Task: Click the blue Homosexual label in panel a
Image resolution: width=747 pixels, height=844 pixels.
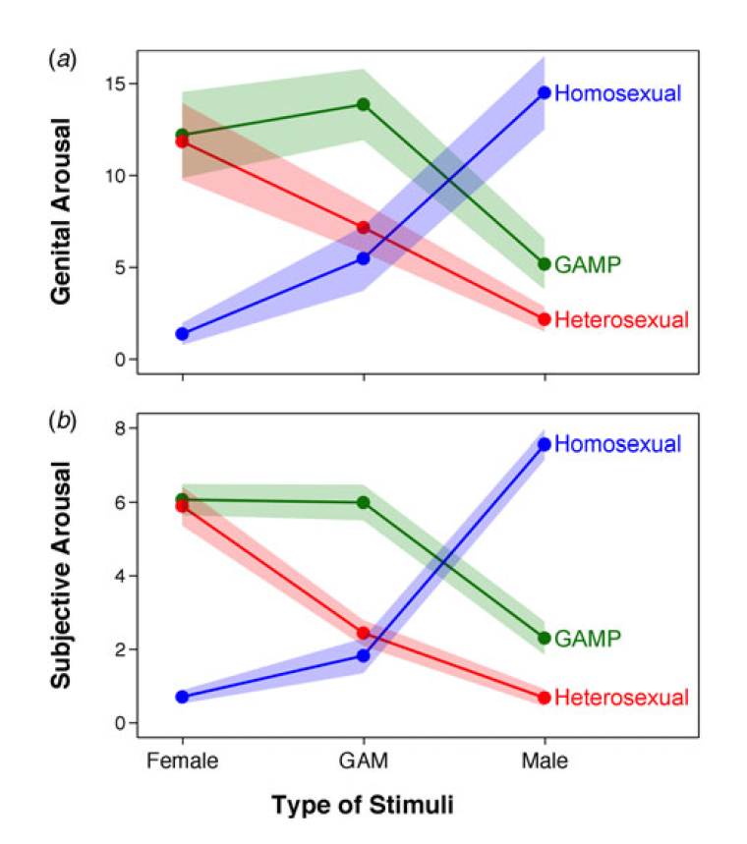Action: (x=618, y=93)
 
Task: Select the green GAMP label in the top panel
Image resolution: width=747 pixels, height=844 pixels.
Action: (x=588, y=264)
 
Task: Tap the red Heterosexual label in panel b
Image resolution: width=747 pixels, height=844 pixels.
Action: (x=621, y=698)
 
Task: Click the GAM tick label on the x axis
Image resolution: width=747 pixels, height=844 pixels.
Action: (x=363, y=760)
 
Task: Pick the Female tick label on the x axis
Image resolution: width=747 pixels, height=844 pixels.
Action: (x=182, y=760)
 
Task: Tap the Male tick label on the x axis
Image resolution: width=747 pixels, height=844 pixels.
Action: (x=544, y=760)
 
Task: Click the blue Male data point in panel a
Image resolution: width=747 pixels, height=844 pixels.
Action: (x=544, y=92)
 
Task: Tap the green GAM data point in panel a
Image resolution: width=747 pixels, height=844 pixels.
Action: (x=363, y=104)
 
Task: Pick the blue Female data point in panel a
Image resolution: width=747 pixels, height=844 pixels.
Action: (x=182, y=334)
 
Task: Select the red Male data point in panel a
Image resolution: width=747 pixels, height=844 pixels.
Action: (x=544, y=319)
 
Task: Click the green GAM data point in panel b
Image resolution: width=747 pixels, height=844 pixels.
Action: (x=363, y=502)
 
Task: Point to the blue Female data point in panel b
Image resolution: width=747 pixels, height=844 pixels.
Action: (x=182, y=697)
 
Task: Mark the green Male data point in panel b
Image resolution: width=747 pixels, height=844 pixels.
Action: (x=544, y=638)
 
